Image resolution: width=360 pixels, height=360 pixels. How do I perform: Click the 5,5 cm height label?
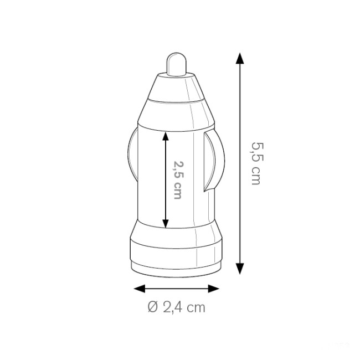coord(256,163)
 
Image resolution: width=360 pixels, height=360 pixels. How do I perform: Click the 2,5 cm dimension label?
coord(178,179)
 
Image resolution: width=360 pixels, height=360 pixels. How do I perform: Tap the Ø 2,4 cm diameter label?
coord(176,307)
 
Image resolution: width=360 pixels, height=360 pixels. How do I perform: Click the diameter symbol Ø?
coord(153,307)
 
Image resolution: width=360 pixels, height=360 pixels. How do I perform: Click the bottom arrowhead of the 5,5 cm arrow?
coord(240,269)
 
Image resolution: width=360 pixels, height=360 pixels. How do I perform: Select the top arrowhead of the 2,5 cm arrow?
coord(166,136)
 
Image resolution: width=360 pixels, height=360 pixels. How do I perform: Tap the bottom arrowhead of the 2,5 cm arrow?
coord(166,224)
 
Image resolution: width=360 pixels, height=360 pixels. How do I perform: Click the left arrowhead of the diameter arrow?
coord(139,289)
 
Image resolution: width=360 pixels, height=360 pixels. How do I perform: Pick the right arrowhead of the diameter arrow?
coord(214,289)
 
